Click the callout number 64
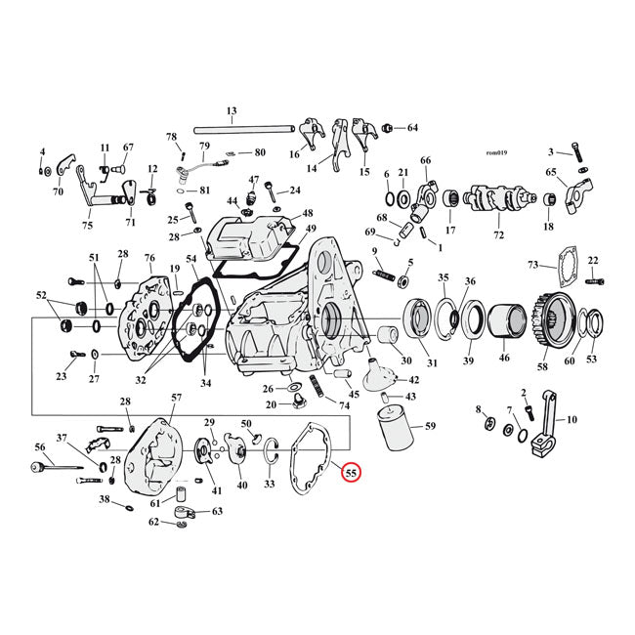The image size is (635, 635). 412,128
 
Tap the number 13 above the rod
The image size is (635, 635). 232,110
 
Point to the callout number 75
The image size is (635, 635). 87,226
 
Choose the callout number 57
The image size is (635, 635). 177,398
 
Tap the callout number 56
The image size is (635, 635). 40,446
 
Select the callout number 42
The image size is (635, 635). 413,380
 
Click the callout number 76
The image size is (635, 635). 149,258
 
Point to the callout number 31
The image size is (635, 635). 432,363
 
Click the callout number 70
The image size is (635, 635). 58,192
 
